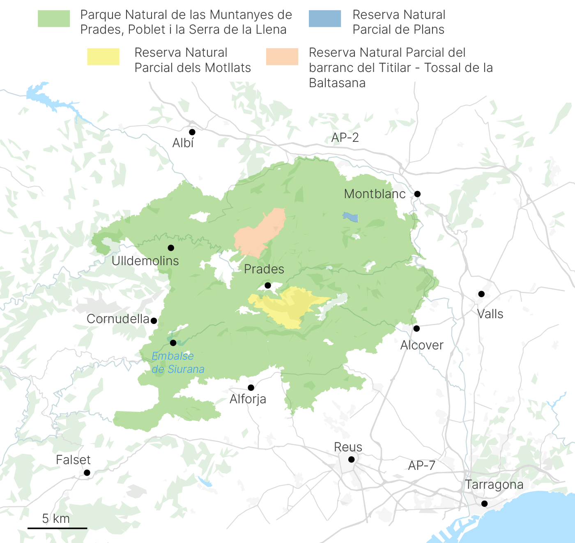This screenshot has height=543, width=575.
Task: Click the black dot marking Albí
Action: point(192,132)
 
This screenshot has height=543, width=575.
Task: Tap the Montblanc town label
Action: point(375,194)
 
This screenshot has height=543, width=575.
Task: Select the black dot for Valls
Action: point(481,294)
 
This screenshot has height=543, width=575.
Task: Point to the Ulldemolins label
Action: point(145,261)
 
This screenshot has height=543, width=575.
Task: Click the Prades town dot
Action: point(268,285)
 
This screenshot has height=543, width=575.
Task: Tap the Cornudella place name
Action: point(118,319)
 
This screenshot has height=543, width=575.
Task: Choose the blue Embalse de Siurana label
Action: point(178,363)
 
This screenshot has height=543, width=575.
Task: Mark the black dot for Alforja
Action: point(251,388)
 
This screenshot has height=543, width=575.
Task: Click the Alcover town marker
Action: point(416,328)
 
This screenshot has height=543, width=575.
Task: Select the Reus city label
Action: point(348,447)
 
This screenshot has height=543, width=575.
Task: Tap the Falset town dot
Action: point(87,473)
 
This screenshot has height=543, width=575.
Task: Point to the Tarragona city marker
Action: point(484,504)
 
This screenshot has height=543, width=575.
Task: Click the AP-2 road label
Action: point(345,138)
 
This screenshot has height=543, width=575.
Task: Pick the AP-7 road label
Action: point(421,466)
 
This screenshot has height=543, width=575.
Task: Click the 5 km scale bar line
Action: point(57,528)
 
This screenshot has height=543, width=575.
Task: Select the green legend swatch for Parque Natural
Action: point(54,18)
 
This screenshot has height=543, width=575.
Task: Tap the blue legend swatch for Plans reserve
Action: point(325,18)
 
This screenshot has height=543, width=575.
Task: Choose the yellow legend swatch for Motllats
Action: point(103,57)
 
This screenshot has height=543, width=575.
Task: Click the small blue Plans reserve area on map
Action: point(351,217)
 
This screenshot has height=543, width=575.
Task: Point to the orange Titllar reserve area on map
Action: point(259,232)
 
